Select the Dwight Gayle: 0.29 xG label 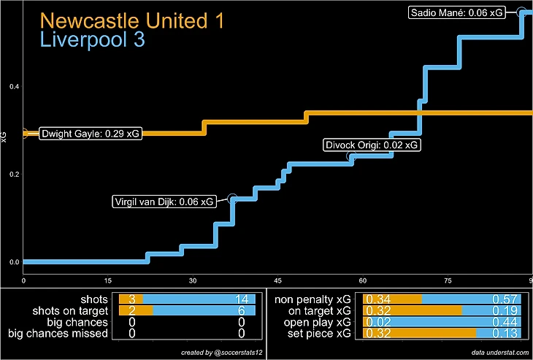(x=91, y=134)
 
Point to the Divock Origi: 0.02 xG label (x=372, y=145)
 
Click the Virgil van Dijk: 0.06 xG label (x=165, y=202)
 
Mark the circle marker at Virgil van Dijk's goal (x=232, y=199)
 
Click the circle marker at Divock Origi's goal (x=351, y=157)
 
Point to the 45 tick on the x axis (x=278, y=280)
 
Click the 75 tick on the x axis (x=448, y=280)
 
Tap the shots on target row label (x=72, y=310)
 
